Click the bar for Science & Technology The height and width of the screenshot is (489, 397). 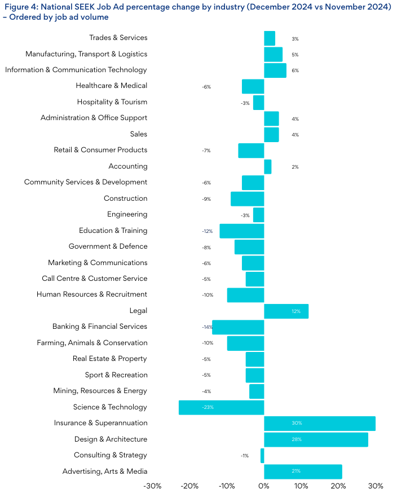pos(222,407)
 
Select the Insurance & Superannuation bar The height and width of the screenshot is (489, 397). pos(320,423)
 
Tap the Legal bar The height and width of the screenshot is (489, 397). pos(286,311)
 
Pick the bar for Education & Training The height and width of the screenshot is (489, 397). pos(242,231)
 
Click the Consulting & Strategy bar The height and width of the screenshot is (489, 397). pos(262,455)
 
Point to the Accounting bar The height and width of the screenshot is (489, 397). pos(268,166)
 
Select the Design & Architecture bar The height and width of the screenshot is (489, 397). pos(316,439)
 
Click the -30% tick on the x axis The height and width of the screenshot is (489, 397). pos(152,484)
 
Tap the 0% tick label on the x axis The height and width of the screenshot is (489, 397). pos(264,484)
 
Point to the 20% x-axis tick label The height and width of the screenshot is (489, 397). pos(338,484)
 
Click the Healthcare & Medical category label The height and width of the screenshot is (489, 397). pos(112,86)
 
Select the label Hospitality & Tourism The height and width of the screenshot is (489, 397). pos(112,102)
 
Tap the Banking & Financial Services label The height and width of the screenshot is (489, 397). pos(100,327)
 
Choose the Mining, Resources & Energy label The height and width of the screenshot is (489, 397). pos(100,391)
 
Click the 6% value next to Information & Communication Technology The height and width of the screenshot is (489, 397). pos(295,71)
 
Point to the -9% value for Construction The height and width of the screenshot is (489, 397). pos(206,199)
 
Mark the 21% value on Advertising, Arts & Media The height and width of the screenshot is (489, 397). pos(296,471)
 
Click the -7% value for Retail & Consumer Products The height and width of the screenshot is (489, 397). pos(206,151)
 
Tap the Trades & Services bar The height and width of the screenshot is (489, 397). pos(270,38)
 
